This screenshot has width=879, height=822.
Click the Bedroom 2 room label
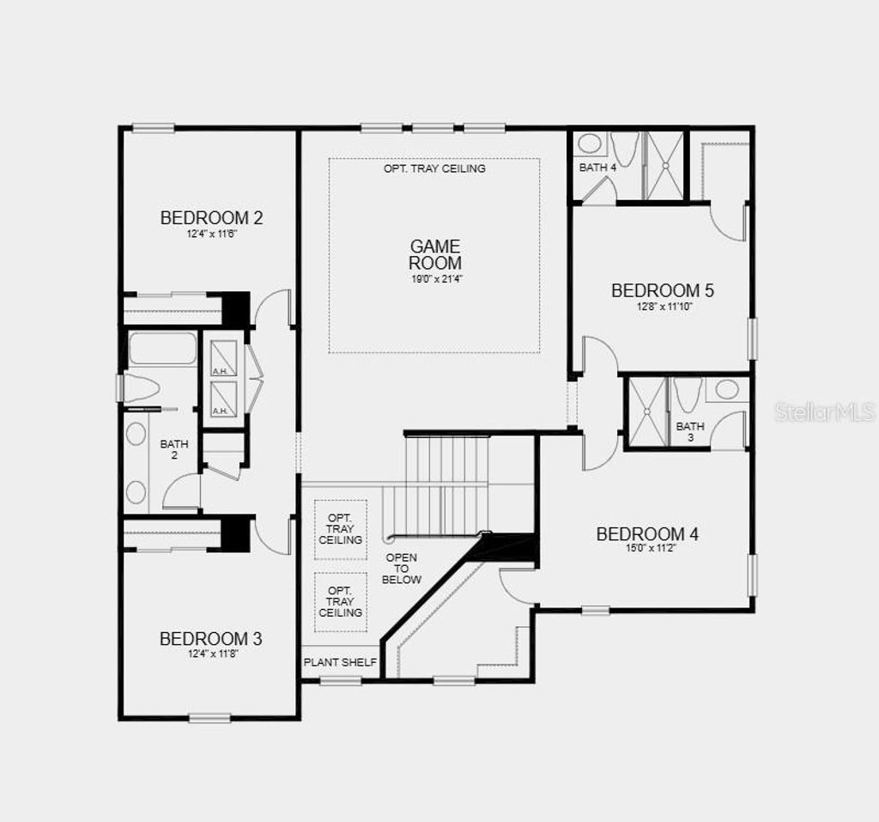211,217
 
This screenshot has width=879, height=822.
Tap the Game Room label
434,255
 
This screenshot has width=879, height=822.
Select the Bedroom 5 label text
662,290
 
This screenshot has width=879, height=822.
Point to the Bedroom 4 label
647,534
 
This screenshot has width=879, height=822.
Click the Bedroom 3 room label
211,639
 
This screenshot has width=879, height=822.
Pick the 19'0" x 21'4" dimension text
434,278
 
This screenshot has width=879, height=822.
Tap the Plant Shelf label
340,663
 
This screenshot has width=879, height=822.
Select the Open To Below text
401,569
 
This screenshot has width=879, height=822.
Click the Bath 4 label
597,167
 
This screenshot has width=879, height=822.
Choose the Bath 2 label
174,449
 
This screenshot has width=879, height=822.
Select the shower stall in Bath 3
647,411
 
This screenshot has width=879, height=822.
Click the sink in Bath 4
588,143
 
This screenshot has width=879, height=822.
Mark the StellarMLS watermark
825,412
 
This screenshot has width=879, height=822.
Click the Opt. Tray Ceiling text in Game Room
434,168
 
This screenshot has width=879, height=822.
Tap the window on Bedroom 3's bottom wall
209,717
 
